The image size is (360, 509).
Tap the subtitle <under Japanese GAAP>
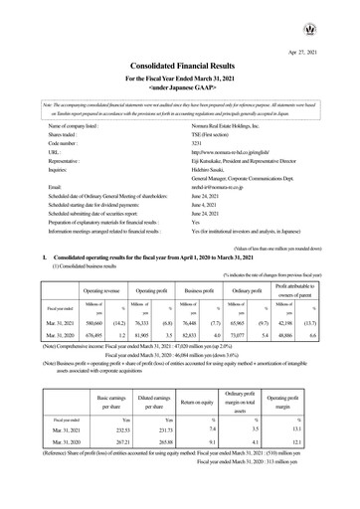tap(179, 87)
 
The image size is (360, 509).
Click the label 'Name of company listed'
tap(66, 123)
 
